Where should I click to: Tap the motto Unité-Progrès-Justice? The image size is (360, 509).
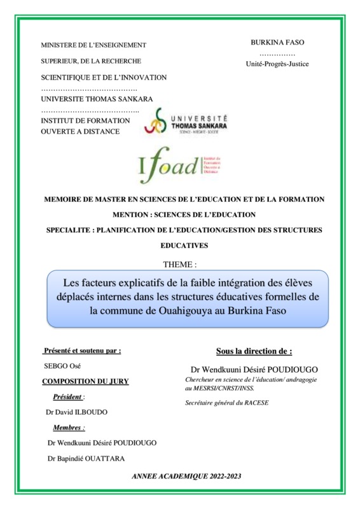click(x=278, y=64)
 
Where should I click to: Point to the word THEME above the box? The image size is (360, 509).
click(x=180, y=263)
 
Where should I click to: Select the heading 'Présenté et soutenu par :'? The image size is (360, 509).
click(x=81, y=351)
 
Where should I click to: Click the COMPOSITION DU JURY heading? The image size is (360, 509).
click(x=85, y=381)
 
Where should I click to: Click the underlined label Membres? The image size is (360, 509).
click(x=68, y=428)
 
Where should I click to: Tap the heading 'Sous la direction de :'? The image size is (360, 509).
click(x=254, y=351)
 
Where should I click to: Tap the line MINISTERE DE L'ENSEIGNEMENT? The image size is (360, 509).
click(x=93, y=45)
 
